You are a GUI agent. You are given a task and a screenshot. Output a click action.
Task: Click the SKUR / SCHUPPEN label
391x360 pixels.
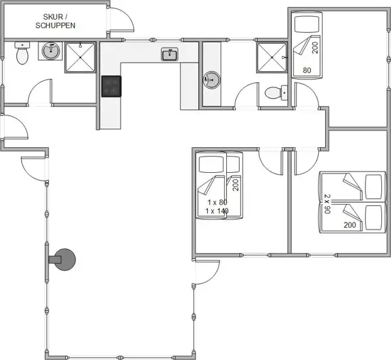(55, 20)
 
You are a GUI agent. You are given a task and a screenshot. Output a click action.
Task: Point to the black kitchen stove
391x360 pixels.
(111, 85)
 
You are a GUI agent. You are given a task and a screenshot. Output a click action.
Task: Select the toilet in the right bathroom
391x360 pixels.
(275, 93)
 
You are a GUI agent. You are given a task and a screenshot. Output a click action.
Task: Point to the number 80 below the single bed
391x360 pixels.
(306, 70)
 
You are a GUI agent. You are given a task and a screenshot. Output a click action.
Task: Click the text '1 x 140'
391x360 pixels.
(216, 211)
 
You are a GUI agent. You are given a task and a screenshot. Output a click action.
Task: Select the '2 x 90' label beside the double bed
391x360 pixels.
(328, 204)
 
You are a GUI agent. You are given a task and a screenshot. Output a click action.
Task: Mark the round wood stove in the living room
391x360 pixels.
(65, 259)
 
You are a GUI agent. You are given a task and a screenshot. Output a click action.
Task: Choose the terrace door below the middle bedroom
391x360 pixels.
(207, 271)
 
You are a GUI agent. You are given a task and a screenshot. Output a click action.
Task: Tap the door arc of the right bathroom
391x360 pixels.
(248, 95)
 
